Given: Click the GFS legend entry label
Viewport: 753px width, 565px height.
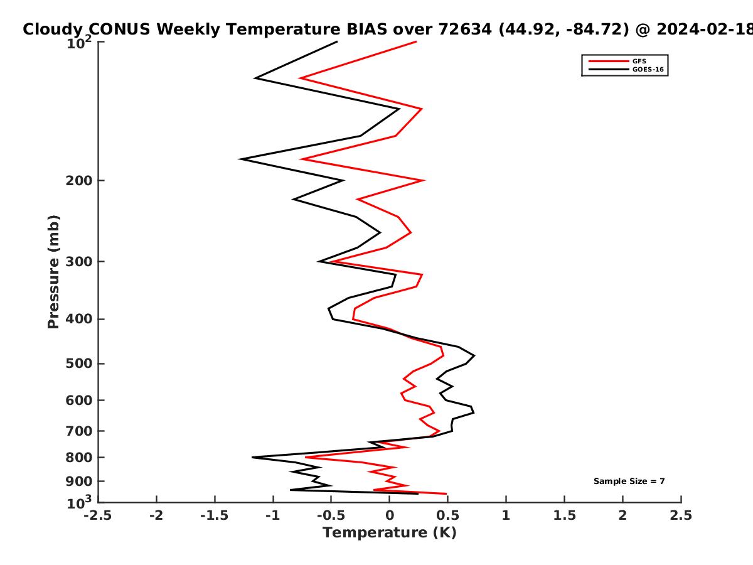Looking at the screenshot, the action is [x=639, y=61].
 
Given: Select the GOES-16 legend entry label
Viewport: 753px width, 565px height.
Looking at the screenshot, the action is [x=648, y=69].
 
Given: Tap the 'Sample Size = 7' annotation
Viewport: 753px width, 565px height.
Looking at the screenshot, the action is [x=629, y=482].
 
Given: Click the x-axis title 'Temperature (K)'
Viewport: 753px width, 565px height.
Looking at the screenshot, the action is [x=390, y=533].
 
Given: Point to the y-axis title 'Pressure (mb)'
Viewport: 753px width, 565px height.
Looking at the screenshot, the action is [x=53, y=272].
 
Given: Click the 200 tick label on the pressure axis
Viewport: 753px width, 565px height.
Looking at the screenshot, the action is [x=79, y=180].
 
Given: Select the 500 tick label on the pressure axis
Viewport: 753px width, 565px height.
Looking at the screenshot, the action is [x=79, y=363].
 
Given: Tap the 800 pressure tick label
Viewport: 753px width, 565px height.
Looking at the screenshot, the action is [x=79, y=458].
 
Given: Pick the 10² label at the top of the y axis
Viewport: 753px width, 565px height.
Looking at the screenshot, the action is [x=80, y=43].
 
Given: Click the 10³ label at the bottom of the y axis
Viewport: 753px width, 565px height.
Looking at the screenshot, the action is [x=80, y=503].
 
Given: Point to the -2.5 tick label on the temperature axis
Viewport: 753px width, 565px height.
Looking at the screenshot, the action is [x=98, y=515].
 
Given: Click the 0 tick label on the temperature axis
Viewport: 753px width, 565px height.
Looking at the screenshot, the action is [x=390, y=515].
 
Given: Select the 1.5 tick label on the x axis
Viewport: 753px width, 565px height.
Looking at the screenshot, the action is [x=565, y=515].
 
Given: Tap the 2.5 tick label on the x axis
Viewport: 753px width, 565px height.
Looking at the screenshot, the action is [x=681, y=515].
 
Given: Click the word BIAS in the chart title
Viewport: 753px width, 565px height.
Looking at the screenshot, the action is [x=367, y=30].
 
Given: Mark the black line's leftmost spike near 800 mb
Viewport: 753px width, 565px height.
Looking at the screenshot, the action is [x=252, y=457].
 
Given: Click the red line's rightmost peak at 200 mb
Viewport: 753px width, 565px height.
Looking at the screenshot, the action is [x=424, y=180].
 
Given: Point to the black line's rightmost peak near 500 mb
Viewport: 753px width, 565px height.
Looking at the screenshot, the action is [x=474, y=355].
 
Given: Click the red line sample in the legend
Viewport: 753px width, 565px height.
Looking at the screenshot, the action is [x=609, y=62].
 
